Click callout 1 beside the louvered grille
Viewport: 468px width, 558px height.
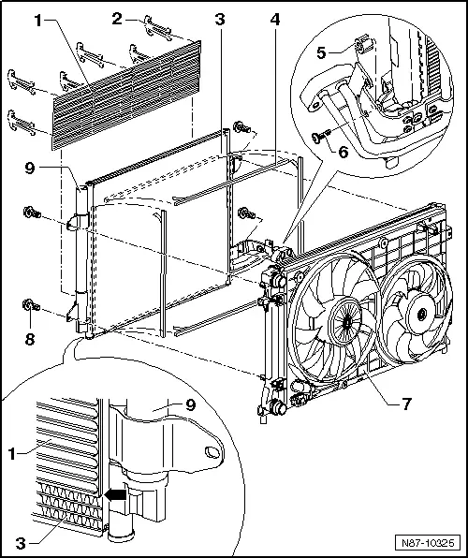[x=39, y=17]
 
